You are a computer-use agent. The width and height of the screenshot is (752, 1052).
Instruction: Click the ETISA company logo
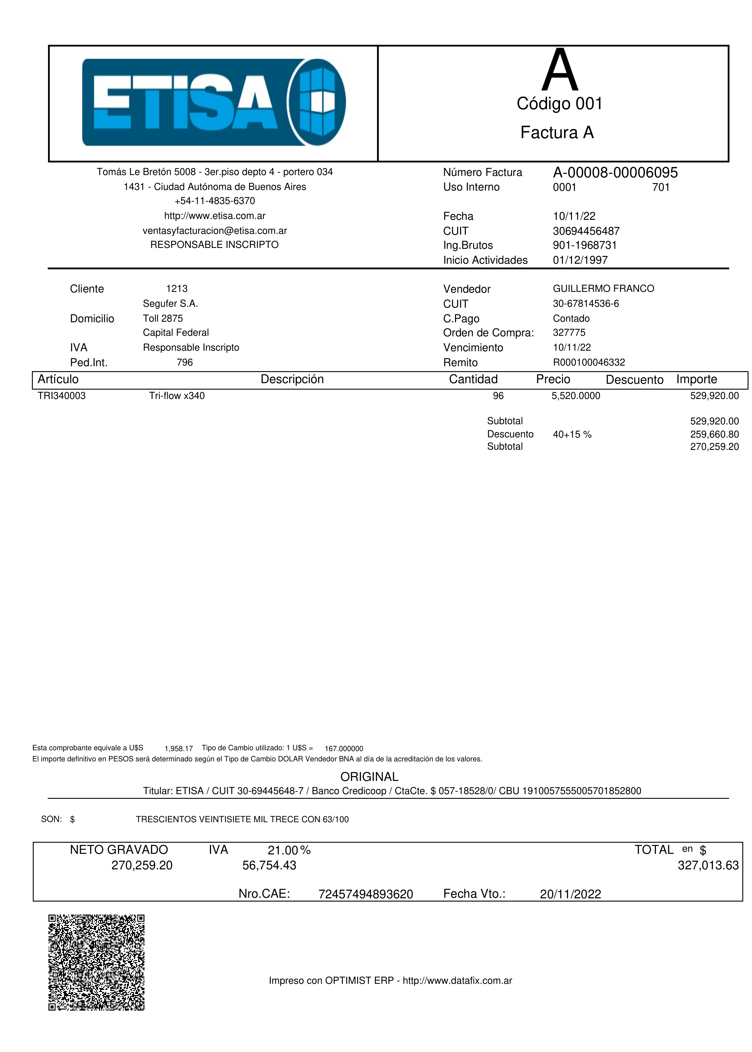[214, 102]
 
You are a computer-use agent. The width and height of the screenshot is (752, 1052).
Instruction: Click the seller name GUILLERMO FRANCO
[603, 289]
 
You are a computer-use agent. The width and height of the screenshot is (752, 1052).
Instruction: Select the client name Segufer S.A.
[170, 304]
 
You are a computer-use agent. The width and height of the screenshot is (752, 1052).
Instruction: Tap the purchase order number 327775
[569, 333]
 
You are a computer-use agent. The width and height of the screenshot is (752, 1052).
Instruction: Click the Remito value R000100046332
[589, 362]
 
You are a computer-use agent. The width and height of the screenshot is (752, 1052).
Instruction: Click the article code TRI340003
[61, 396]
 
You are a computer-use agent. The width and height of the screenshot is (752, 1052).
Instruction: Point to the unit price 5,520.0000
[575, 396]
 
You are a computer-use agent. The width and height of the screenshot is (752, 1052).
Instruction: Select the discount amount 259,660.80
[714, 434]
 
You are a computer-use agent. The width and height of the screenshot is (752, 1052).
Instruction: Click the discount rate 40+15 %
[572, 434]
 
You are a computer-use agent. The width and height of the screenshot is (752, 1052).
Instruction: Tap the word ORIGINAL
[369, 777]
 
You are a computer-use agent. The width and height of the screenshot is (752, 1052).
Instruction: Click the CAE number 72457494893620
[365, 894]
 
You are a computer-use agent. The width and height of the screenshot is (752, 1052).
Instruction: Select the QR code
[96, 962]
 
